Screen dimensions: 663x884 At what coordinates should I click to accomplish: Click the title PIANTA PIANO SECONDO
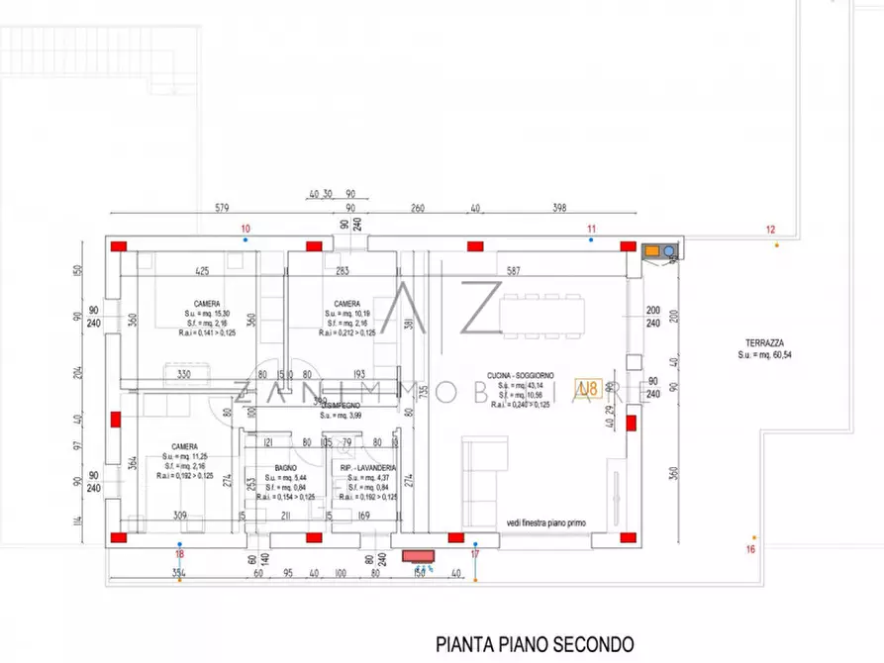(x=534, y=644)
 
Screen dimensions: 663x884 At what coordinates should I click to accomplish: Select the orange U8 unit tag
(x=588, y=388)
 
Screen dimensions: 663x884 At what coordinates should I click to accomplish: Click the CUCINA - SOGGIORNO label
(x=521, y=376)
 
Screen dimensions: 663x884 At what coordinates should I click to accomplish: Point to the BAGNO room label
(x=286, y=467)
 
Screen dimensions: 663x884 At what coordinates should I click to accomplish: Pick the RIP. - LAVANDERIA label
(x=369, y=467)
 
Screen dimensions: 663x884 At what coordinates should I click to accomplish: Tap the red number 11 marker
(x=592, y=229)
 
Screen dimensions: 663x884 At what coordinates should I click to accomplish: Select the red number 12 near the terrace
(x=771, y=230)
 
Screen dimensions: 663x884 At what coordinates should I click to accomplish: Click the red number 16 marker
(x=750, y=549)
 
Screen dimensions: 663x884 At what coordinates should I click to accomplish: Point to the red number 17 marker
(x=475, y=555)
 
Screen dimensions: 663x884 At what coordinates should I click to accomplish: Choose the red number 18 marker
(x=179, y=555)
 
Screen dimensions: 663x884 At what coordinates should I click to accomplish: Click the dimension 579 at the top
(x=223, y=208)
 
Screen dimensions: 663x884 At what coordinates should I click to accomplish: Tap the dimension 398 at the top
(x=560, y=208)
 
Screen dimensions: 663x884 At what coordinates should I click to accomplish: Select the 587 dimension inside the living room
(x=514, y=270)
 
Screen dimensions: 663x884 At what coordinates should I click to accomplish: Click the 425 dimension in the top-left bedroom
(x=202, y=270)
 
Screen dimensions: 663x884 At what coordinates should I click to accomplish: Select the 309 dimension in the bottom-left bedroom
(x=180, y=516)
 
